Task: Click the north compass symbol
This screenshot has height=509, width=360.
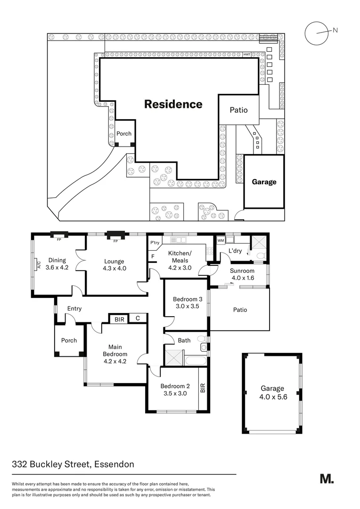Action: click(316, 33)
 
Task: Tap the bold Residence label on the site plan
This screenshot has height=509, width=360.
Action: click(173, 104)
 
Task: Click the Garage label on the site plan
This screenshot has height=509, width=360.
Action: click(264, 182)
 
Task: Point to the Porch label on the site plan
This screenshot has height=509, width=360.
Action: click(124, 134)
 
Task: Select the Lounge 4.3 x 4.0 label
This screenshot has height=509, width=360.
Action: click(115, 265)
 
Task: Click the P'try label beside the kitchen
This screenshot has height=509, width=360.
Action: click(154, 243)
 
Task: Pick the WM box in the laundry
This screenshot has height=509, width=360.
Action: click(221, 240)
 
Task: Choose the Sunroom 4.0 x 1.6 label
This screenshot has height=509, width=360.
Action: click(242, 274)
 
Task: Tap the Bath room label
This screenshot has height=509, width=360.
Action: click(184, 340)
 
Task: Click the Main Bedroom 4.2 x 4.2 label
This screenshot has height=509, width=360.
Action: click(115, 354)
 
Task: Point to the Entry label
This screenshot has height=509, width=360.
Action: click(74, 309)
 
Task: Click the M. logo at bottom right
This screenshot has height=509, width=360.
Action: click(327, 478)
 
